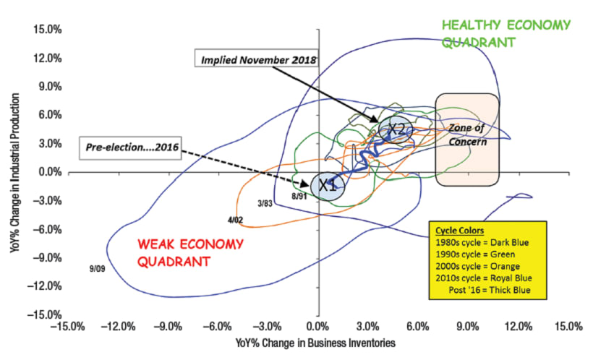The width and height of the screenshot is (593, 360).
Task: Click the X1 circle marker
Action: [328, 185]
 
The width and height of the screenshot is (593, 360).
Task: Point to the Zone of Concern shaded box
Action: [467, 144]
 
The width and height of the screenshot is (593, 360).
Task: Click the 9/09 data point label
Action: [95, 267]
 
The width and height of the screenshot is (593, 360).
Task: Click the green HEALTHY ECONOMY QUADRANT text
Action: [495, 33]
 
